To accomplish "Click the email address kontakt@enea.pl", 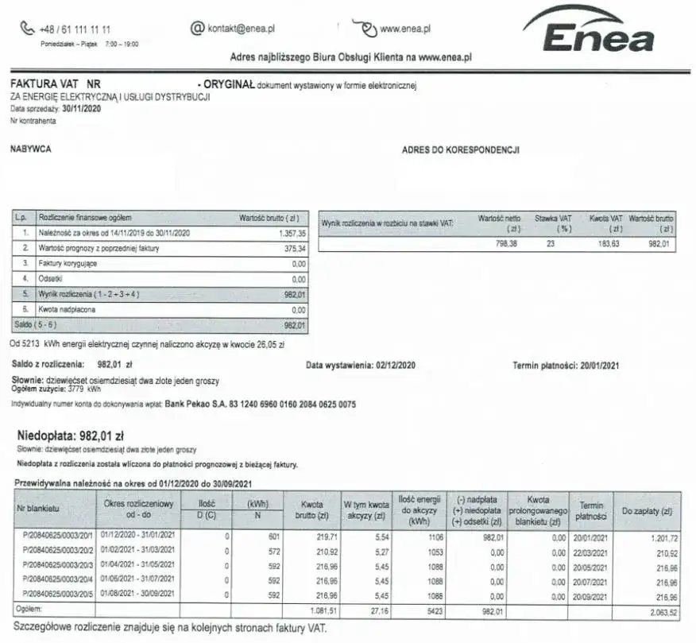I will coord(241,29).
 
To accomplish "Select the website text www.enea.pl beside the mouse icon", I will coord(405,29).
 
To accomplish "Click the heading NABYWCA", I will coord(30,149).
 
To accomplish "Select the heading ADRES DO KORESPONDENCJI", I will coord(461,149).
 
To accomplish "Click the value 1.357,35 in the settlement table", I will coord(292,234).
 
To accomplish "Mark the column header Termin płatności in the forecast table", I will coord(591,510).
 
